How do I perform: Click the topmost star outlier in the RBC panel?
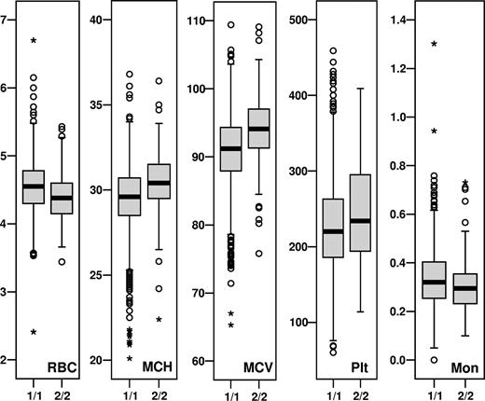coord(34,41)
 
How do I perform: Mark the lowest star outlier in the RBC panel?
coord(34,332)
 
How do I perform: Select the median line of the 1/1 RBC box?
coord(34,187)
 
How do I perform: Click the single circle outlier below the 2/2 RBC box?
coord(62,262)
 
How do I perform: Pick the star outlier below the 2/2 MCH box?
coord(159,320)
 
